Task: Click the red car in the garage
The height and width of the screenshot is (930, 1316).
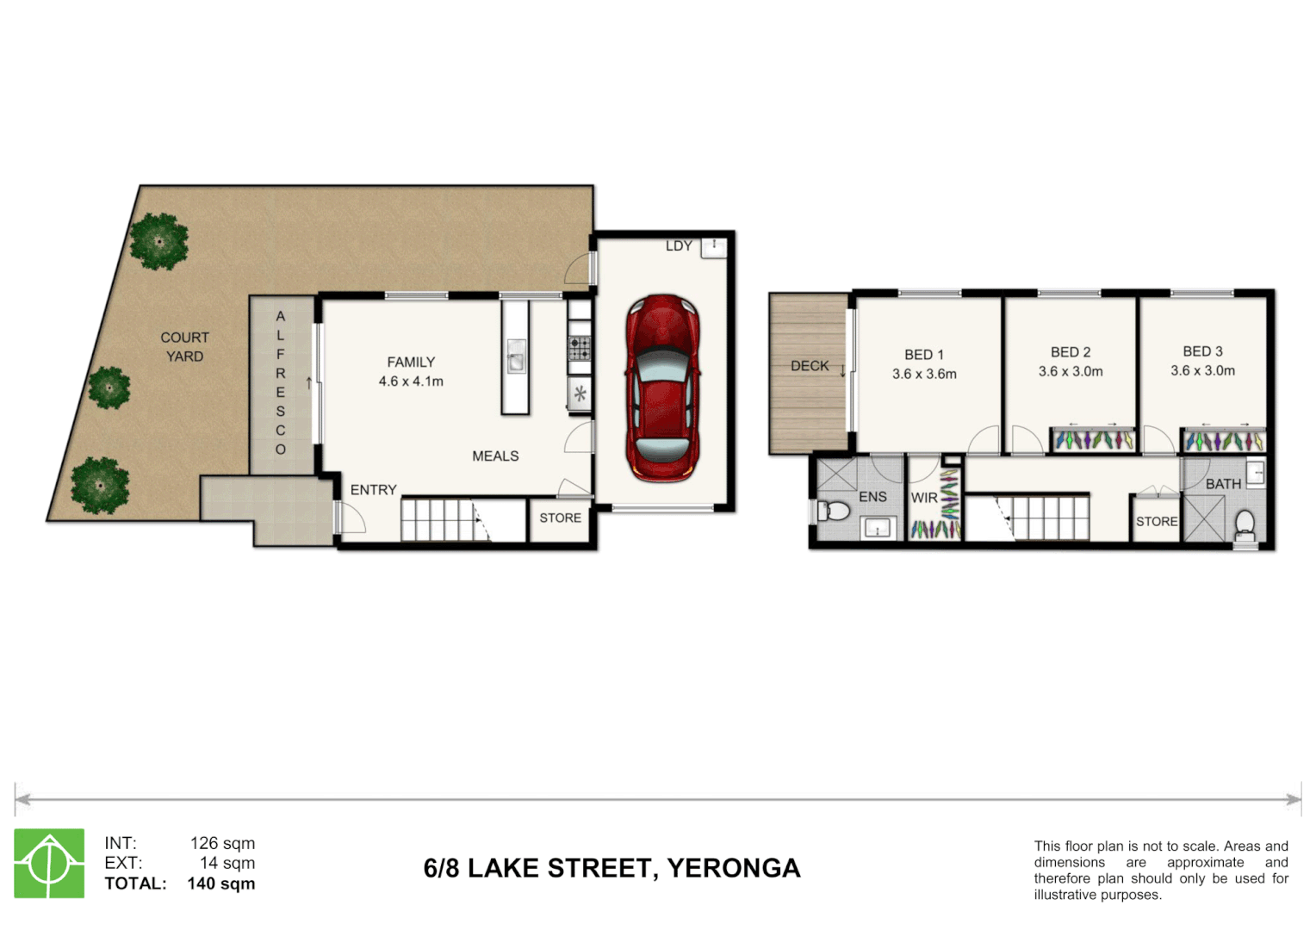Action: tap(662, 388)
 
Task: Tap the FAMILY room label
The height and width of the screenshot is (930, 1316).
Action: tap(411, 362)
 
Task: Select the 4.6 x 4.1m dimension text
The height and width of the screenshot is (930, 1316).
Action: tap(411, 381)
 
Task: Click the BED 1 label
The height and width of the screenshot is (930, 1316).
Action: tap(924, 355)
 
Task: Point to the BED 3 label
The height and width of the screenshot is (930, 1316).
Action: tap(1202, 351)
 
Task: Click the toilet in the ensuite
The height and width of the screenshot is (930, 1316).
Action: tap(833, 511)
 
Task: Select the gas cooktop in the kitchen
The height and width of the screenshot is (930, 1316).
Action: tap(580, 348)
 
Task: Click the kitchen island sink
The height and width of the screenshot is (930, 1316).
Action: tap(516, 356)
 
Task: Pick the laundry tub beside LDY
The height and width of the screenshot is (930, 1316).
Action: tap(714, 247)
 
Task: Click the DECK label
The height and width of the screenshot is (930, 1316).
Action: tap(810, 366)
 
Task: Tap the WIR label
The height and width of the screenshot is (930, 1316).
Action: tap(924, 499)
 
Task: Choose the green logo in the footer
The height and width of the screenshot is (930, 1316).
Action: tap(49, 863)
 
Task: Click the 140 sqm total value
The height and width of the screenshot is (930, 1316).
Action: tap(221, 883)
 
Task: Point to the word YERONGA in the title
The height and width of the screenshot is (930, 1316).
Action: tap(734, 868)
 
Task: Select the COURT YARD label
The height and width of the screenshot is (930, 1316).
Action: tap(184, 347)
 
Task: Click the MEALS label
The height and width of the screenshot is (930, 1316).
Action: tap(495, 456)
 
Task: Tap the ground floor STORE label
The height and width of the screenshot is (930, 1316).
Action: tap(561, 518)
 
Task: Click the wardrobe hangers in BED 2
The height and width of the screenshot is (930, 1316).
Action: tap(1093, 440)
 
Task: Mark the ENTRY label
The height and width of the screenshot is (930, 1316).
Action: tap(374, 490)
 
